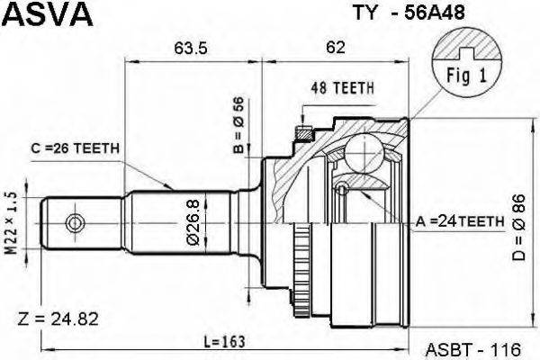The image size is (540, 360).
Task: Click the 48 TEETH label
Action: pos(342,87)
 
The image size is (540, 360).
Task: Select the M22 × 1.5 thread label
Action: pos(12,223)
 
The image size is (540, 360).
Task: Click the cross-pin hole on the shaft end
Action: pos(75,220)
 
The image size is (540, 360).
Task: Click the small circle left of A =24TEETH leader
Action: pos(342,189)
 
